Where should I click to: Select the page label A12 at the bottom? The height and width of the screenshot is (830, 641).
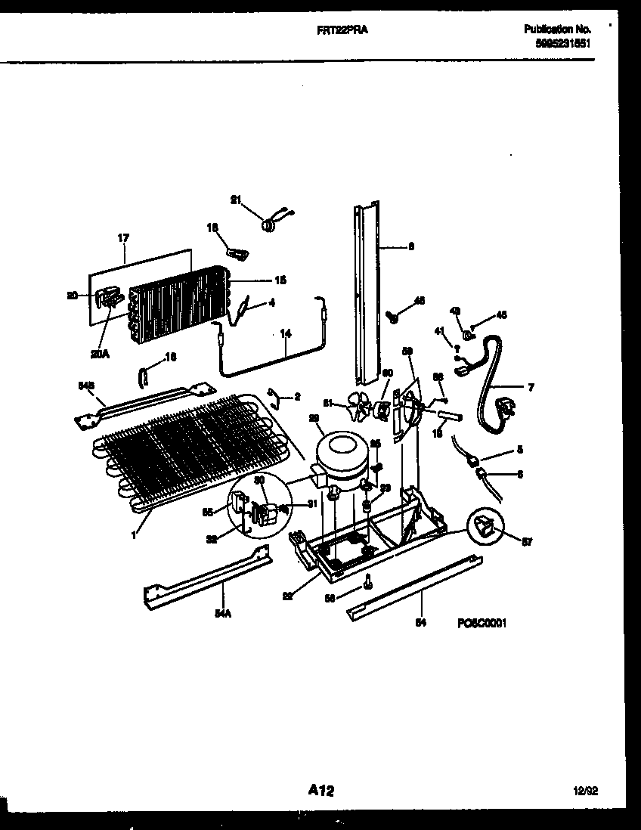tap(320, 791)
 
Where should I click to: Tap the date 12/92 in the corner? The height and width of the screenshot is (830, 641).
tap(586, 791)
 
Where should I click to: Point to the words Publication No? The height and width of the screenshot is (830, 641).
tap(558, 29)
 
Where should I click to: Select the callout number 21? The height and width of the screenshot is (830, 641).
tap(235, 200)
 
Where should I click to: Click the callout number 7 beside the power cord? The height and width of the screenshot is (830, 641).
tap(530, 388)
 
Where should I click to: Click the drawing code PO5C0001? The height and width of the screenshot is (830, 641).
tap(481, 624)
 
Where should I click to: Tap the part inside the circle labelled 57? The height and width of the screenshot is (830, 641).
tap(485, 524)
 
